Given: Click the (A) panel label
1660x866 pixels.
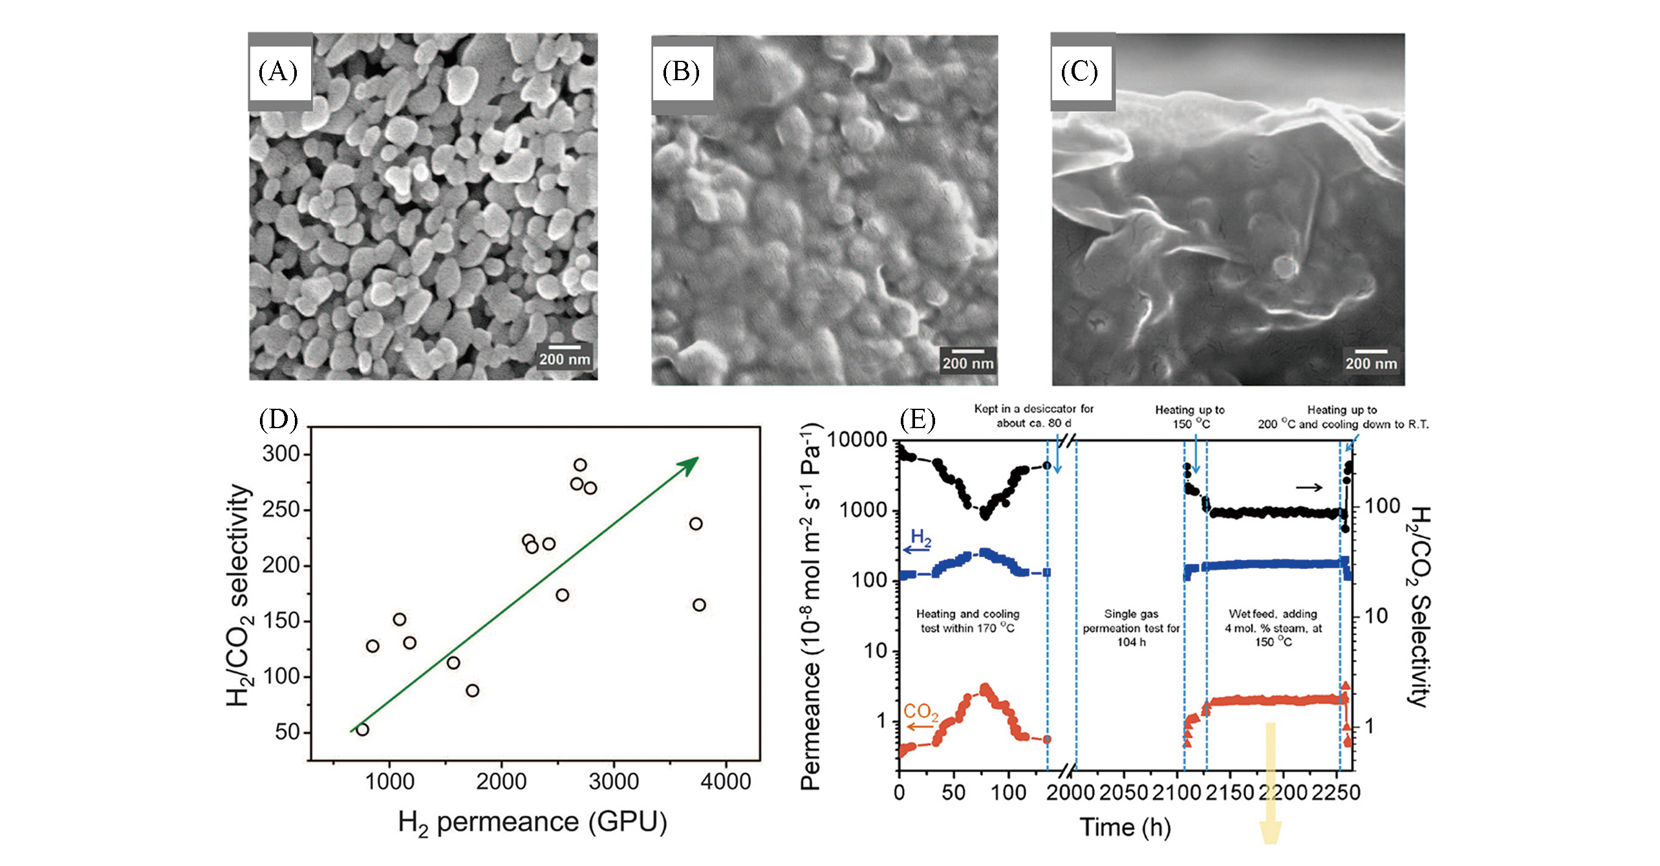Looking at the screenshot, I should [x=279, y=72].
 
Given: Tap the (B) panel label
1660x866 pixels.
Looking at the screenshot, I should [x=681, y=72].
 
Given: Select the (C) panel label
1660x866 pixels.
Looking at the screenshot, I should [x=1079, y=72].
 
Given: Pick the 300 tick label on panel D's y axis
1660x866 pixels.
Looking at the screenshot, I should [x=281, y=454].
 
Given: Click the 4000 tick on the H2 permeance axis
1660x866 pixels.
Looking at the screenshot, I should [x=726, y=782].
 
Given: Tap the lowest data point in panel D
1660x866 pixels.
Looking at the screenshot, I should [x=362, y=730].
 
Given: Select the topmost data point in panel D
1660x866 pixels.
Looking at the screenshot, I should [x=580, y=465].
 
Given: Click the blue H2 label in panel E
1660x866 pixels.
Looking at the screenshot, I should [x=921, y=537].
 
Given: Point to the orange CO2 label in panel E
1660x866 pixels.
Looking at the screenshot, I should [x=920, y=712].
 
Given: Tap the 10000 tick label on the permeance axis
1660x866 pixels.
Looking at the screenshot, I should [x=857, y=440].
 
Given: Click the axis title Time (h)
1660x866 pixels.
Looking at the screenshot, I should [x=1125, y=828].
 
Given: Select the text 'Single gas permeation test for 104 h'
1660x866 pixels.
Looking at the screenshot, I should [x=1131, y=627].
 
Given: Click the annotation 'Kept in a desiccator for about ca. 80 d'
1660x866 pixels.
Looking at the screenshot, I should [x=1033, y=416].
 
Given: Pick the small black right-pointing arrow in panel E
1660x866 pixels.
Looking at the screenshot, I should [x=1309, y=488].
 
